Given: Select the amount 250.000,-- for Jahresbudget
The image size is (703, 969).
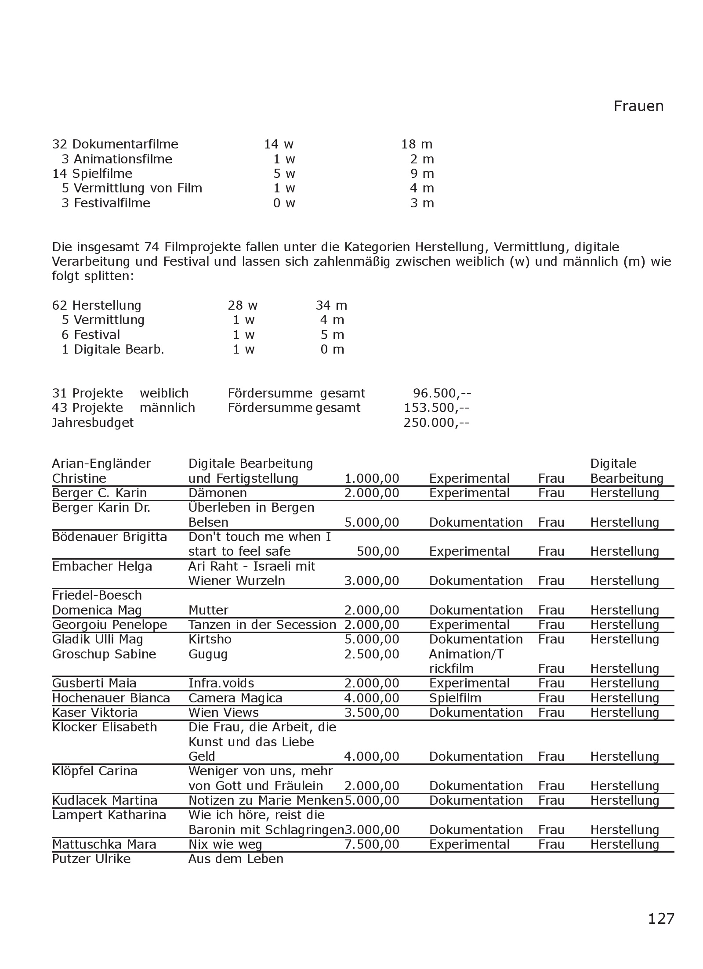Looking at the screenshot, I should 436,423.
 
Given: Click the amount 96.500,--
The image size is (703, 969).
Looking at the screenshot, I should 442,393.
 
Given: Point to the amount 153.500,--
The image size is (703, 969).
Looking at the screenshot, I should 436,408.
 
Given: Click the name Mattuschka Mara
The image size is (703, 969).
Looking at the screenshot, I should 104,844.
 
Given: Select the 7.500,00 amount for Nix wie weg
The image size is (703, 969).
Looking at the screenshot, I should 372,844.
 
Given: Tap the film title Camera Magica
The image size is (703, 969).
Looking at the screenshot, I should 235,698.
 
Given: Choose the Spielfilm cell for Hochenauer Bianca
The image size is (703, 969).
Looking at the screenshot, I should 455,698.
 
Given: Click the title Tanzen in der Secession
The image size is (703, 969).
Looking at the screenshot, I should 262,625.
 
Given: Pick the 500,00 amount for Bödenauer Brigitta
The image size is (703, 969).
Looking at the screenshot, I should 378,551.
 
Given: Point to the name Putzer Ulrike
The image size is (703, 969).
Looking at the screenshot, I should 91,859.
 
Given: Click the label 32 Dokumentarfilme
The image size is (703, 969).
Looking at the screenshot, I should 115,144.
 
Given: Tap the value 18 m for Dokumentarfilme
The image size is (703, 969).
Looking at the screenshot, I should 417,144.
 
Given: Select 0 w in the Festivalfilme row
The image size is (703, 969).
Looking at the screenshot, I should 284,203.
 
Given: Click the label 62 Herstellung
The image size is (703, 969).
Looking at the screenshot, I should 97,305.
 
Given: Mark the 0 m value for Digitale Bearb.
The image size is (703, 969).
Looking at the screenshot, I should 332,349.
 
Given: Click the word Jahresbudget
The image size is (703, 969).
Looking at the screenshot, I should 93,423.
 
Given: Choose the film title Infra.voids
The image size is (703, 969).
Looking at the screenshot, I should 221,683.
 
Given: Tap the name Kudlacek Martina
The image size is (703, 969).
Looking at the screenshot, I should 105,800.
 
